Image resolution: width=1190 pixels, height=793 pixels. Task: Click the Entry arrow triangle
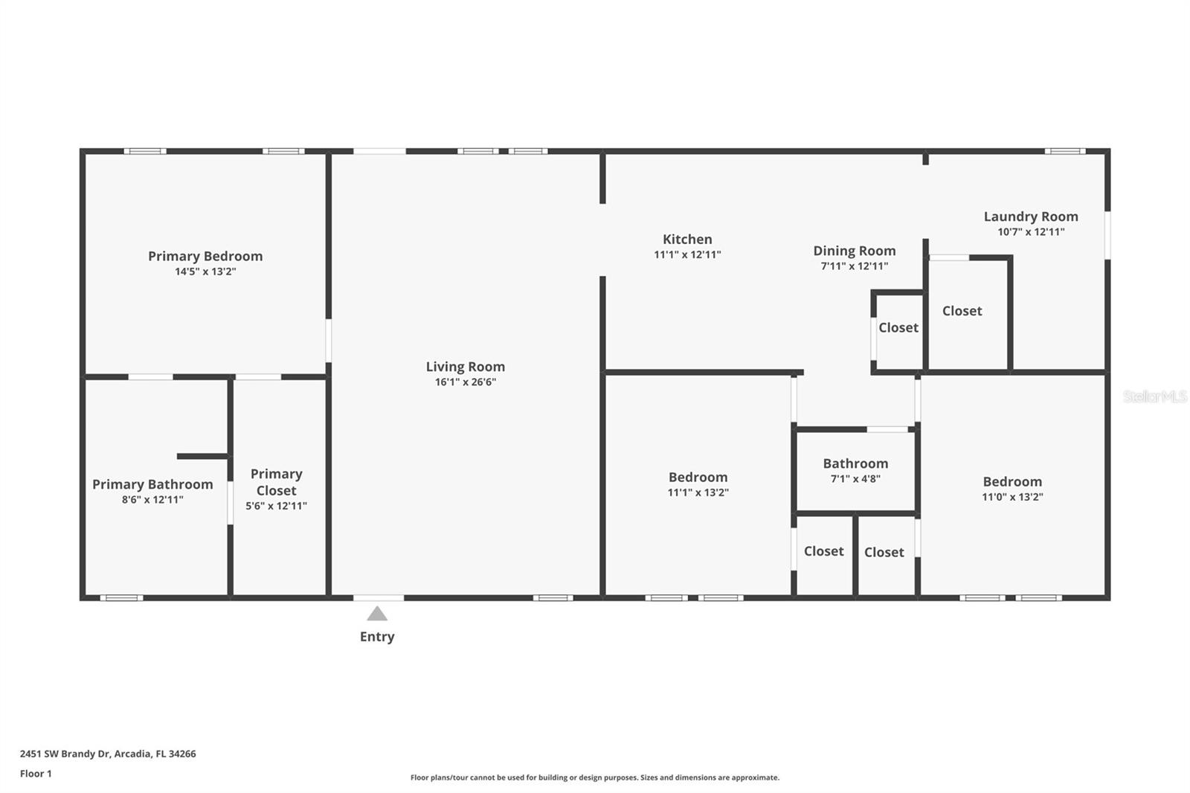tap(377, 614)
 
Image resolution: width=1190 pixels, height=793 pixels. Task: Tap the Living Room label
tap(465, 367)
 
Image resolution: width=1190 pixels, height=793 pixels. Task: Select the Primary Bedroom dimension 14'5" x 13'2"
tap(205, 272)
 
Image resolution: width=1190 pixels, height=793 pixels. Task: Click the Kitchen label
tap(687, 239)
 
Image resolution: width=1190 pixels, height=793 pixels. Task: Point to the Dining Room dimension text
tap(854, 266)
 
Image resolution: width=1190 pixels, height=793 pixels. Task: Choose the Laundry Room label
tap(1031, 216)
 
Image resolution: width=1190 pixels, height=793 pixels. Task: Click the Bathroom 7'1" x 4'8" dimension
tap(855, 479)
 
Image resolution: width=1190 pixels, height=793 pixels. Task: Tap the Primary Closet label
tap(276, 482)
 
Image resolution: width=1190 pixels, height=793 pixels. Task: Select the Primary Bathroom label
tap(152, 484)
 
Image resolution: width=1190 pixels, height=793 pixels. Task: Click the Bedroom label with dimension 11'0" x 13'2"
tap(1012, 481)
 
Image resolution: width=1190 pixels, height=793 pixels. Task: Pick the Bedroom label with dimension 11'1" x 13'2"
tap(698, 477)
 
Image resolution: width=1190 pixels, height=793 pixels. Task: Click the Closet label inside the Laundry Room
tap(962, 311)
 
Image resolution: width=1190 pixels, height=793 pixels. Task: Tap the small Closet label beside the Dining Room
tap(898, 327)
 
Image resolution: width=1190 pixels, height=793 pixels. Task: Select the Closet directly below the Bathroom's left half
tap(823, 551)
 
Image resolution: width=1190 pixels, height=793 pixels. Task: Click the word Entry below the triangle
tap(377, 637)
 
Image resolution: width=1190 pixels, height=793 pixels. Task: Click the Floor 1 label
tap(36, 774)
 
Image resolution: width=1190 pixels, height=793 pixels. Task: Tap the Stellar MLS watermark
tap(1154, 396)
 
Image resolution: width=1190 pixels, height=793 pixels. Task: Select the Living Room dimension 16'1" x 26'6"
tap(465, 382)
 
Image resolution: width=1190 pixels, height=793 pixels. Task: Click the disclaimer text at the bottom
tap(595, 777)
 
